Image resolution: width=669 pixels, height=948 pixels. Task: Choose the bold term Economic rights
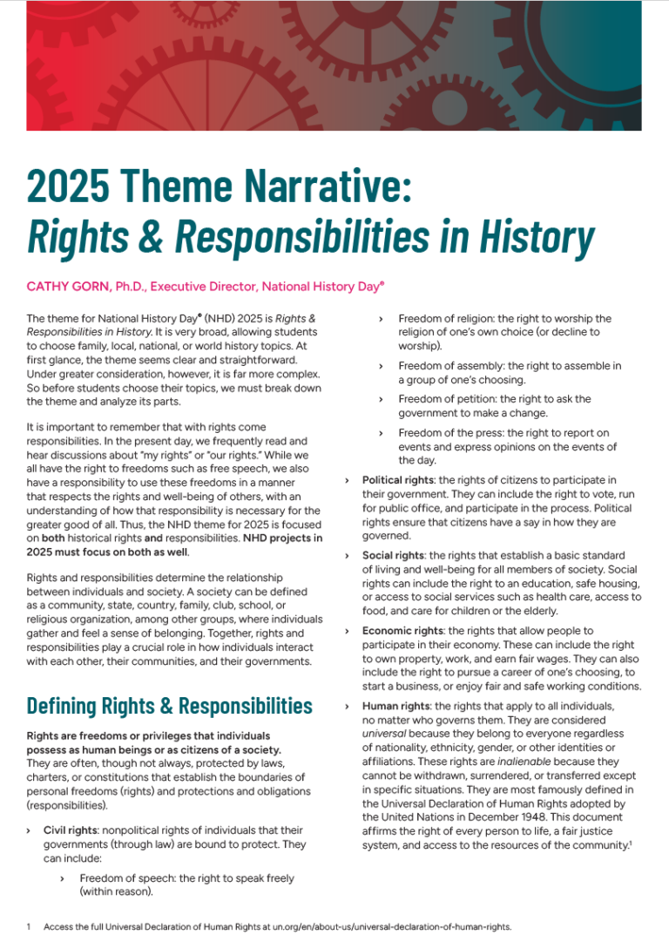pos(403,630)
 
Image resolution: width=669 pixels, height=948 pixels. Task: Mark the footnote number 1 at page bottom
pos(29,927)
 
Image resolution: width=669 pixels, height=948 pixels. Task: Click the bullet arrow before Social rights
pos(348,555)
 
